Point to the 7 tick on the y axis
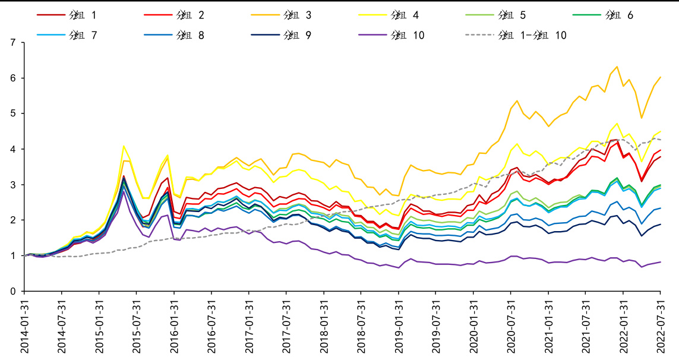point(13,43)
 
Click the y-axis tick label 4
point(13,149)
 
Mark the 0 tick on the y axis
point(13,291)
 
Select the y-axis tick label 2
point(13,220)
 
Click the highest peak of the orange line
point(617,67)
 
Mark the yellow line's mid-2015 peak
point(124,146)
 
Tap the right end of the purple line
point(661,262)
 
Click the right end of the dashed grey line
point(661,140)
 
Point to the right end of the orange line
point(661,77)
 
